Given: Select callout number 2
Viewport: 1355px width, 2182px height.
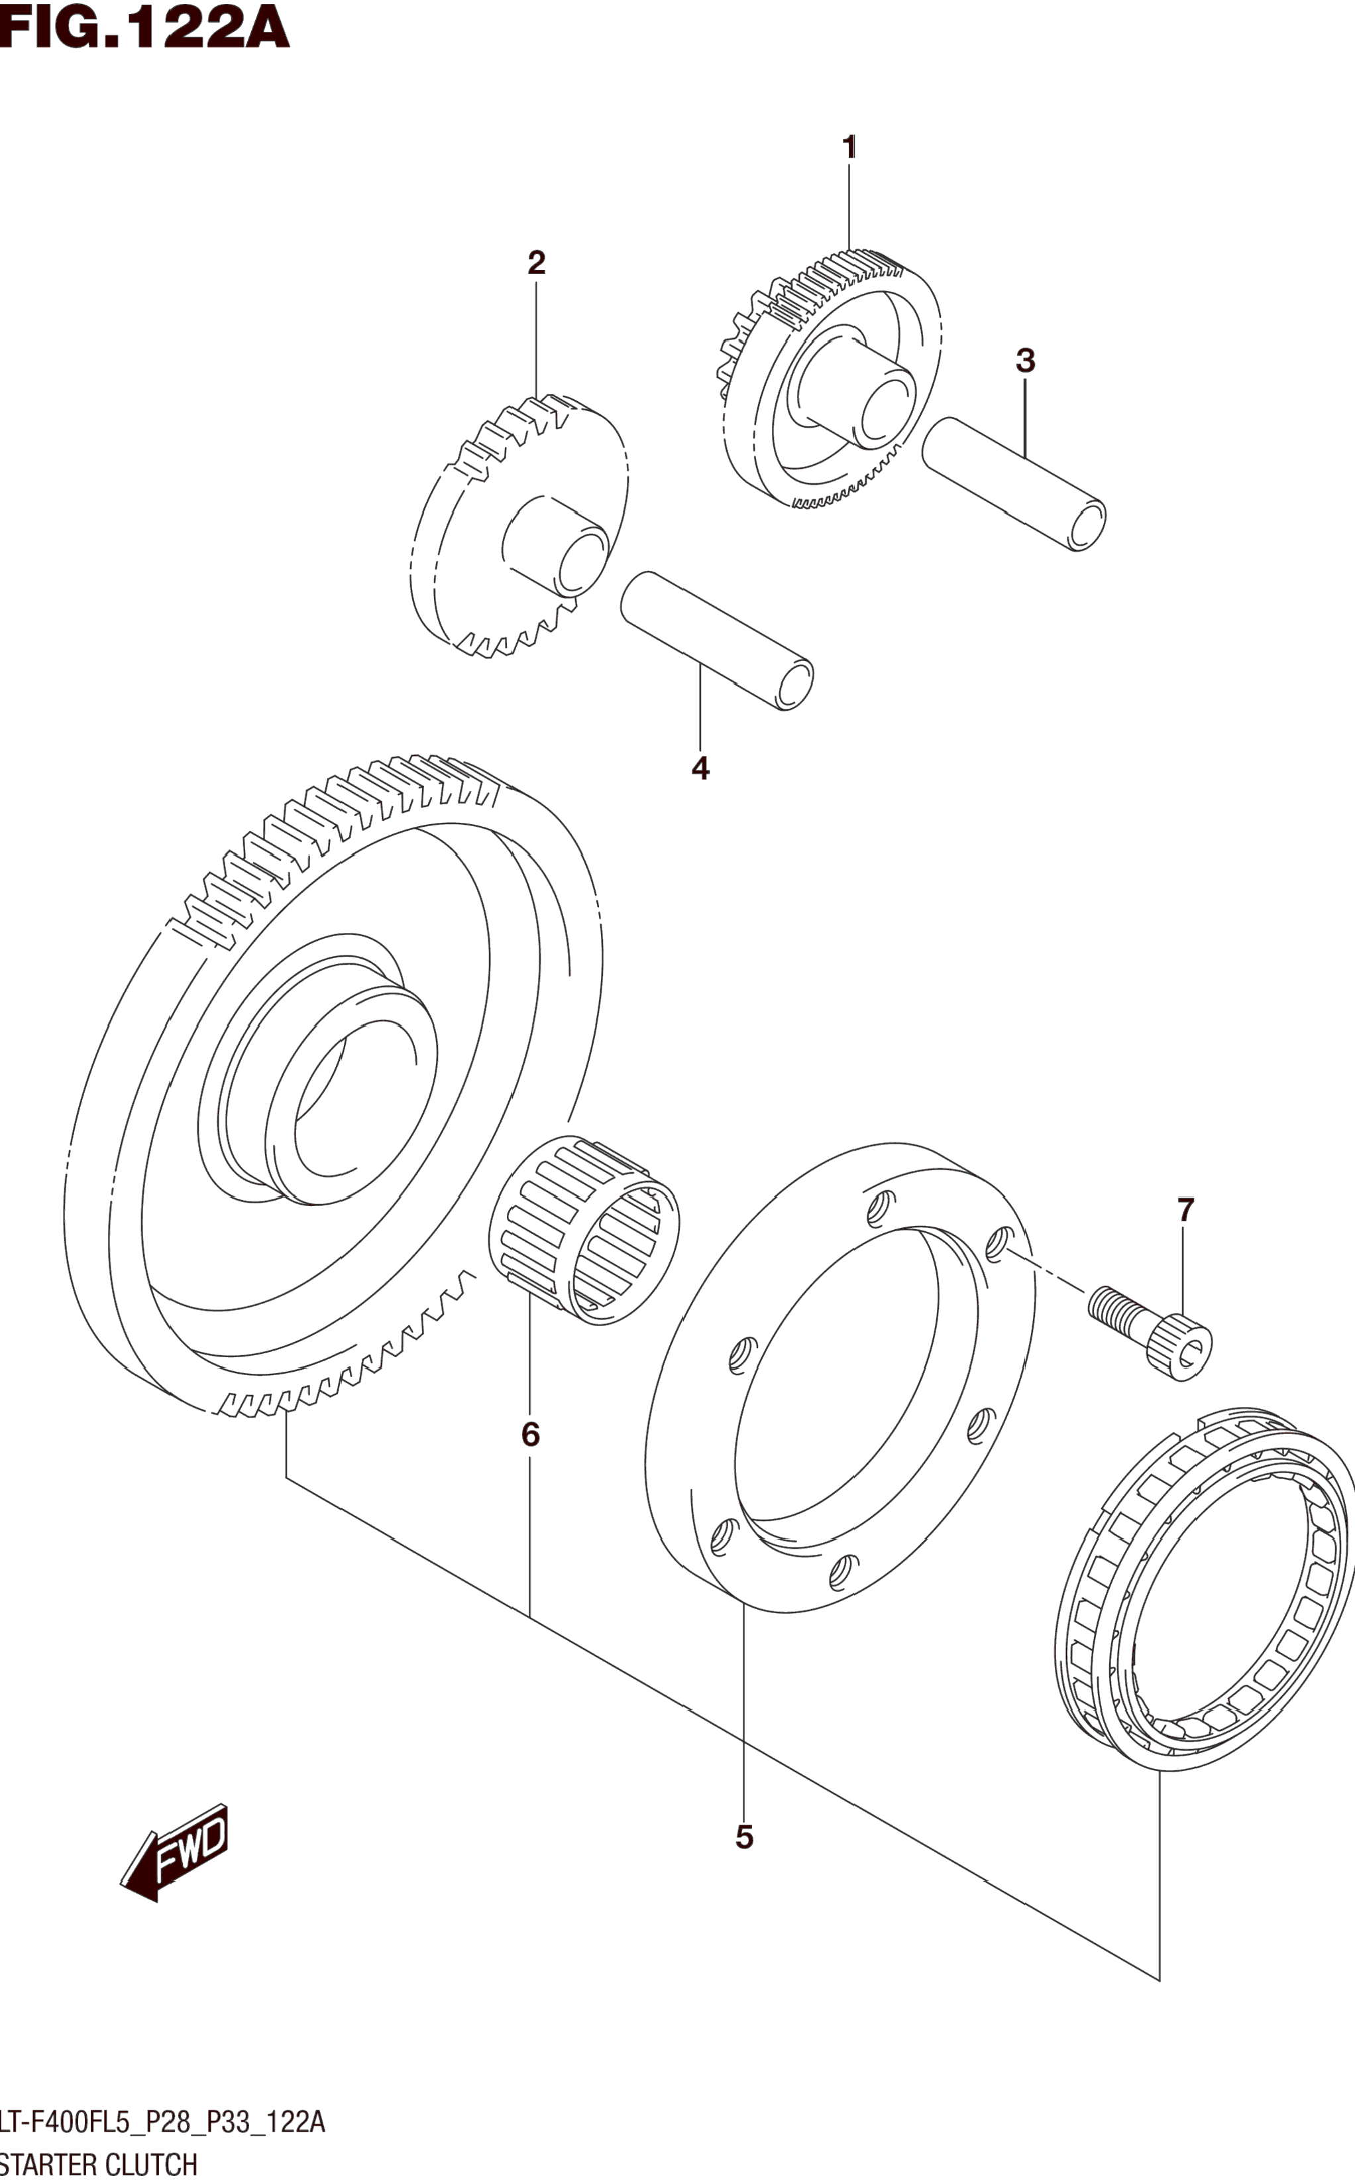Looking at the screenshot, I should [x=536, y=263].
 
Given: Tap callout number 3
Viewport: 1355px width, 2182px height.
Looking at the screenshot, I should [x=1025, y=361].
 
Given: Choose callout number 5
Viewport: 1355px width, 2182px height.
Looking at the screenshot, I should [x=744, y=1837].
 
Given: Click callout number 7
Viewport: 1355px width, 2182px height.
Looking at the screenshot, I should [x=1185, y=1210].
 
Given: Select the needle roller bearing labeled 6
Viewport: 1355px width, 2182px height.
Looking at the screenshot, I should [x=584, y=1230].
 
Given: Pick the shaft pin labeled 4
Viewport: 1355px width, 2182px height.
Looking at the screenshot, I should [x=717, y=640].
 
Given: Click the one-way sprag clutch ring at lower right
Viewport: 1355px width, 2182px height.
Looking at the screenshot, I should [x=1205, y=1587].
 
